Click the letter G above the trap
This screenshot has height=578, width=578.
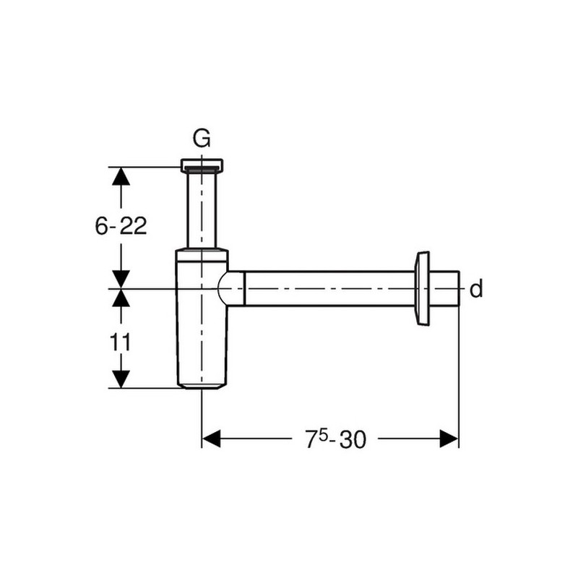coord(202,138)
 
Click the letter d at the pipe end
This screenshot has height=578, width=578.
coord(476,289)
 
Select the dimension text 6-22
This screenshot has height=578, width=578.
coord(121,225)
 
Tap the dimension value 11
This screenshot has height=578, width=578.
coord(120,342)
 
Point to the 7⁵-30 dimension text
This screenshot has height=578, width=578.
coord(336,439)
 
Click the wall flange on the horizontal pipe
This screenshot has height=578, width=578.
coord(422,289)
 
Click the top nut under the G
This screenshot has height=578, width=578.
coord(202,165)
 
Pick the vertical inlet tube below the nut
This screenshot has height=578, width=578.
coord(202,210)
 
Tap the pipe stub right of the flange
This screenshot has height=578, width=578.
coord(444,288)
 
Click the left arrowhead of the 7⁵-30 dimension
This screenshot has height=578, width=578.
coord(212,439)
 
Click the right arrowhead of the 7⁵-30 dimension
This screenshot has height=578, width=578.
coord(449,439)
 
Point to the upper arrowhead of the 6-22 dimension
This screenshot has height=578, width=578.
coord(121,176)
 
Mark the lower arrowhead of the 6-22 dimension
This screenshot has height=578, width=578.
coord(121,279)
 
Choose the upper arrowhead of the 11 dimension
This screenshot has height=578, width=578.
coord(121,298)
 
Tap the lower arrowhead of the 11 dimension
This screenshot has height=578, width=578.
coord(121,379)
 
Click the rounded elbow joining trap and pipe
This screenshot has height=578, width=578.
coord(231,288)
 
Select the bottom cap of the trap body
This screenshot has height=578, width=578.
coord(202,386)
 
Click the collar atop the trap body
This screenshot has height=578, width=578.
coord(202,255)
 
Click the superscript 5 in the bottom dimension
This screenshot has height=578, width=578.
coord(323,436)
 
